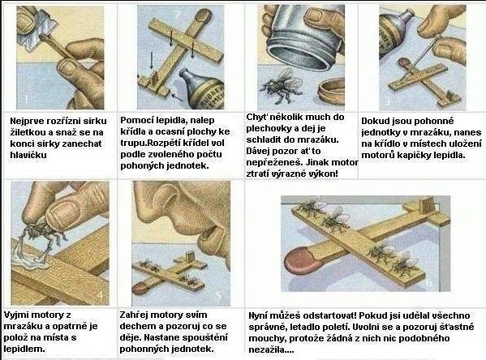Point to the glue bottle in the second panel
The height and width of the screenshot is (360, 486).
tap(202, 89)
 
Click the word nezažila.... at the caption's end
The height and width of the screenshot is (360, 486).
tap(271, 349)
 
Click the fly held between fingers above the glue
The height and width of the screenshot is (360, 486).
tap(42, 230)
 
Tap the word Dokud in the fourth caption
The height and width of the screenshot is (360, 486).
tap(374, 121)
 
